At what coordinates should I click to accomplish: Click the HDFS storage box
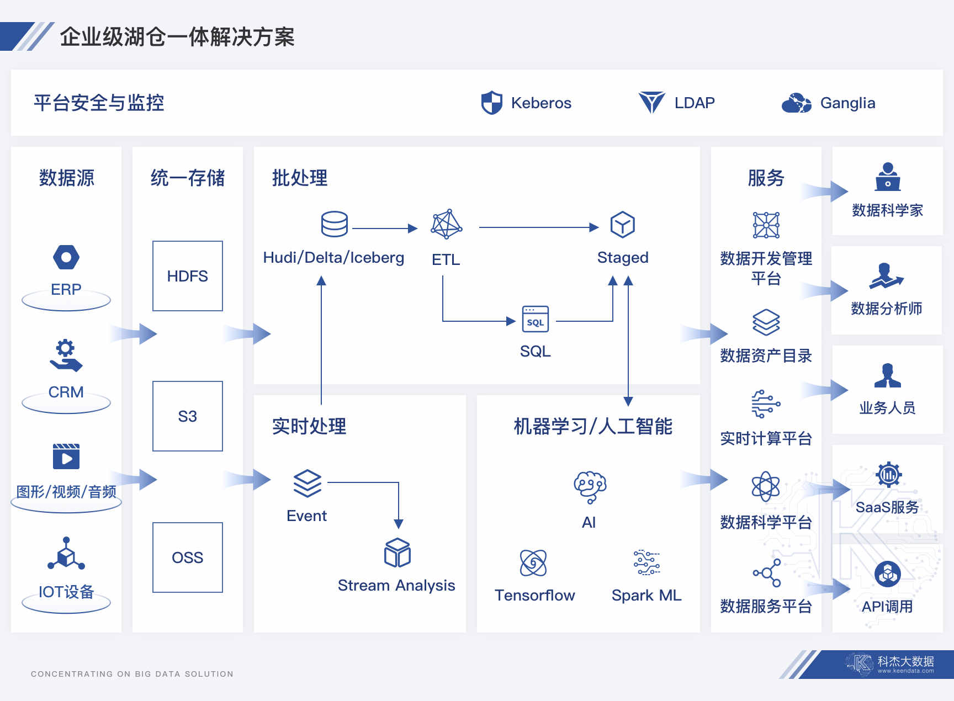[188, 276]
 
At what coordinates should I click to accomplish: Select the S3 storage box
[188, 416]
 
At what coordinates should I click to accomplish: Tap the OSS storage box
[188, 557]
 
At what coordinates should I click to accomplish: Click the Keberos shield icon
[491, 103]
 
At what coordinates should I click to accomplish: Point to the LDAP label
[695, 103]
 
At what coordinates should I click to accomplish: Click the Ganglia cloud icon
[796, 103]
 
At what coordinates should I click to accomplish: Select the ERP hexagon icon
[66, 257]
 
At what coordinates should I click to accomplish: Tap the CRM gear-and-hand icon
[66, 355]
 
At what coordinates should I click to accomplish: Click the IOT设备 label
[66, 592]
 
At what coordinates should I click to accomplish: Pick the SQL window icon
[536, 319]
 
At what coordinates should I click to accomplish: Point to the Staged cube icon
[622, 225]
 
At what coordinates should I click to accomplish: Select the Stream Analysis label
[396, 585]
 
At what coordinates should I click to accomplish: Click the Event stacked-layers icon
[307, 484]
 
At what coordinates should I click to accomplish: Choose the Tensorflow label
[534, 595]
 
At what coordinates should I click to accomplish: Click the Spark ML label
[646, 595]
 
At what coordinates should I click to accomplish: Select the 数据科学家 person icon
[888, 177]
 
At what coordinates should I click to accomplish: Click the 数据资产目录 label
[766, 356]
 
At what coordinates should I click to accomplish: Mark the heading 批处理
[300, 178]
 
